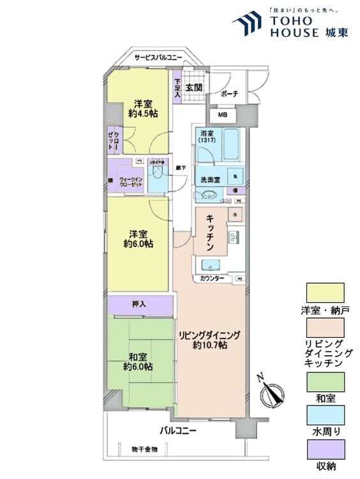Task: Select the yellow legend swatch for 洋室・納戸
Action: [x=325, y=293]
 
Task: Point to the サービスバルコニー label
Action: [x=158, y=58]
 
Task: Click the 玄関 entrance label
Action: [x=194, y=87]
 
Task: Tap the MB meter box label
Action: [x=222, y=115]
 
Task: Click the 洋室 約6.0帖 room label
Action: [x=138, y=238]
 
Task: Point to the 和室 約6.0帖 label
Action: [x=138, y=361]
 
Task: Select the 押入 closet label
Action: [x=139, y=304]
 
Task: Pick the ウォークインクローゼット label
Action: [x=130, y=182]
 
